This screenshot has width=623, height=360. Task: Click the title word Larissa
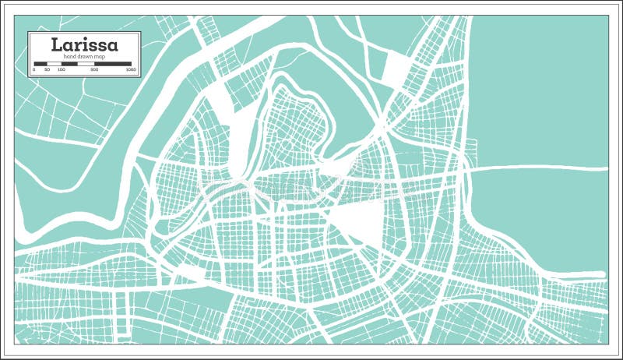pos(84,45)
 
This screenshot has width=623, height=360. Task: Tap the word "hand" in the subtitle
pos(69,56)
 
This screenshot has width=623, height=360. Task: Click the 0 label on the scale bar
pos(34,69)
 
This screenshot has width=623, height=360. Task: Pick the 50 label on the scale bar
pos(48,69)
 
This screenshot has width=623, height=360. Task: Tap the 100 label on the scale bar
pos(62,69)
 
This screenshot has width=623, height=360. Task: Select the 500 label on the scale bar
pos(94,69)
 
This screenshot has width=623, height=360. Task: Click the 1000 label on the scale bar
pos(131,69)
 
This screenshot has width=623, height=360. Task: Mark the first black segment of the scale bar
pos(40,64)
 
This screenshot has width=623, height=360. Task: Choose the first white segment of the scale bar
pos(54,64)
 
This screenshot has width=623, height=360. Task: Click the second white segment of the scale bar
pos(86,64)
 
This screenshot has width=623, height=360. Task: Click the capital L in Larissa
pos(57,44)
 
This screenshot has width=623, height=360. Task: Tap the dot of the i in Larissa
pos(86,38)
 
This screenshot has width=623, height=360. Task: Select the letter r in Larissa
pos(76,46)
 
